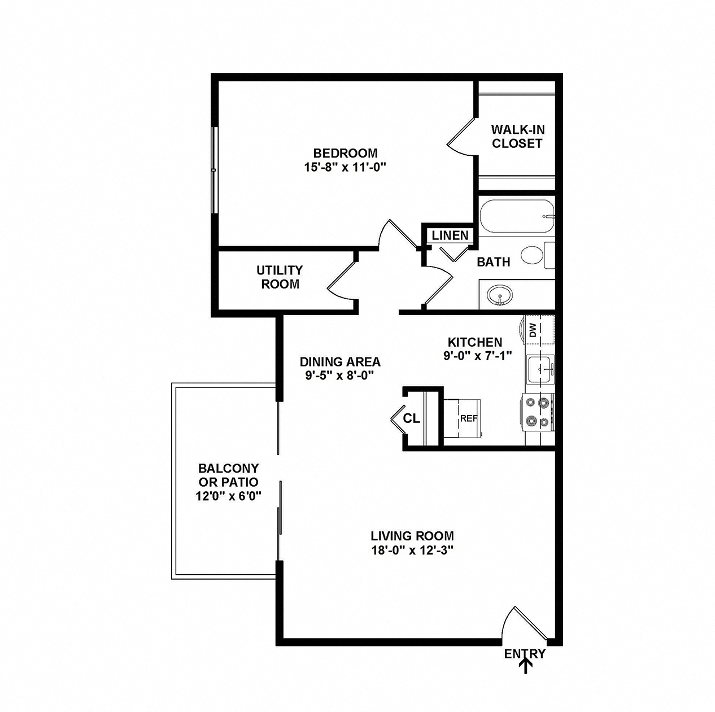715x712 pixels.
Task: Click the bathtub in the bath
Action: click(x=517, y=216)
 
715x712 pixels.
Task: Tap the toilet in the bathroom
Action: click(x=538, y=255)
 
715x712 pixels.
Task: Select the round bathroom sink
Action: click(x=500, y=295)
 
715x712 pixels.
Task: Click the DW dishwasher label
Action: click(x=533, y=330)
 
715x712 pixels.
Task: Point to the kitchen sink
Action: click(x=540, y=369)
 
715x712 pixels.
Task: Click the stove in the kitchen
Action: click(x=538, y=412)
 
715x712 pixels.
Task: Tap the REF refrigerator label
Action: click(x=469, y=418)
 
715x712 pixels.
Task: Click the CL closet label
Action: click(x=412, y=418)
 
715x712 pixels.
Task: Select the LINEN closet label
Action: click(x=450, y=235)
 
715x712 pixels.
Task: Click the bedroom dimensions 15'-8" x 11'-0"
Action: click(x=345, y=167)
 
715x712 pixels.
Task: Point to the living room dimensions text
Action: click(x=413, y=550)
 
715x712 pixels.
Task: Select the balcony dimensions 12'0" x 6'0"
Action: click(x=229, y=496)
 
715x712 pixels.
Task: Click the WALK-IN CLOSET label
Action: click(x=517, y=137)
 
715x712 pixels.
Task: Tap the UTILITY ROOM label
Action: click(x=280, y=277)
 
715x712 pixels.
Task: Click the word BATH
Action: click(x=493, y=262)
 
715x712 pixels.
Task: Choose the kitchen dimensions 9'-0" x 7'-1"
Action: click(x=478, y=356)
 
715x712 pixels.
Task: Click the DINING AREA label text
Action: click(x=340, y=361)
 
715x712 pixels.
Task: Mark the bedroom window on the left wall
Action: click(x=213, y=171)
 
